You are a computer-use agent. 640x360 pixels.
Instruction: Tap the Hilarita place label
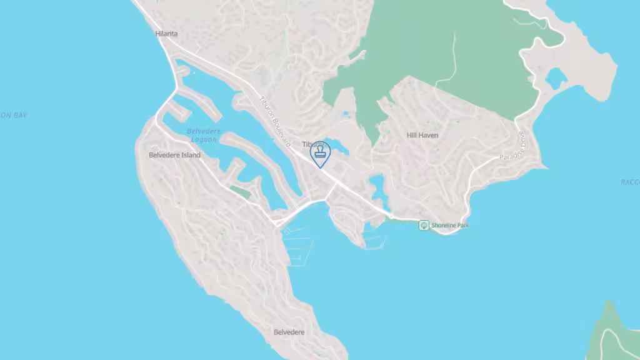click(166, 34)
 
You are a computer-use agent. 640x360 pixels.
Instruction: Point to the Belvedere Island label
click(174, 155)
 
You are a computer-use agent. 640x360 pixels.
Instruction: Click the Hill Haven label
click(422, 135)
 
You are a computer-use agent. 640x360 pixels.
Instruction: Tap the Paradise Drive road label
click(514, 146)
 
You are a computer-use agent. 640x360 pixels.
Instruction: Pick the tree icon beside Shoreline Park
click(424, 225)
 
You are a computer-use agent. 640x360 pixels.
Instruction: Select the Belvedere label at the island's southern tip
click(289, 332)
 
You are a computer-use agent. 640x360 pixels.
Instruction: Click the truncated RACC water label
click(629, 182)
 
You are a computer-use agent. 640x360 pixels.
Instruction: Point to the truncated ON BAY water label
click(13, 115)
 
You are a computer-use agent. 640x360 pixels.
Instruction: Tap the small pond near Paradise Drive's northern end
click(555, 78)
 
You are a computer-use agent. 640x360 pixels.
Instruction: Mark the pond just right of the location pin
click(341, 147)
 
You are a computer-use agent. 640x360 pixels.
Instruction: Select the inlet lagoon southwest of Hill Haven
click(376, 184)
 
